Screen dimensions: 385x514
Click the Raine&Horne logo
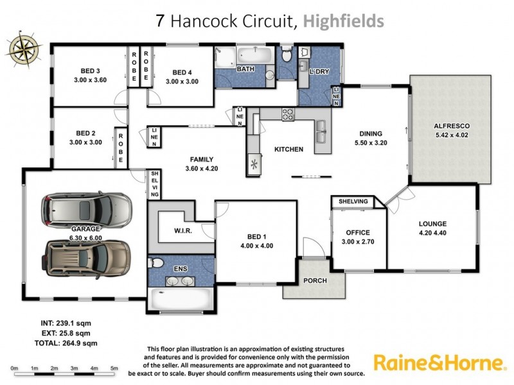point(439,363)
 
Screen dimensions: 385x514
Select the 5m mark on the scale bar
point(114,368)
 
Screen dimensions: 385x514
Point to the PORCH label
point(315,281)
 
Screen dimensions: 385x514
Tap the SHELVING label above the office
point(353,201)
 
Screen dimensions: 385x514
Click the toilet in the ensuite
point(155,263)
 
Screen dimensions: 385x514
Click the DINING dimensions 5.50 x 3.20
point(372,144)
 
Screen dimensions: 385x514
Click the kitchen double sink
point(322,132)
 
